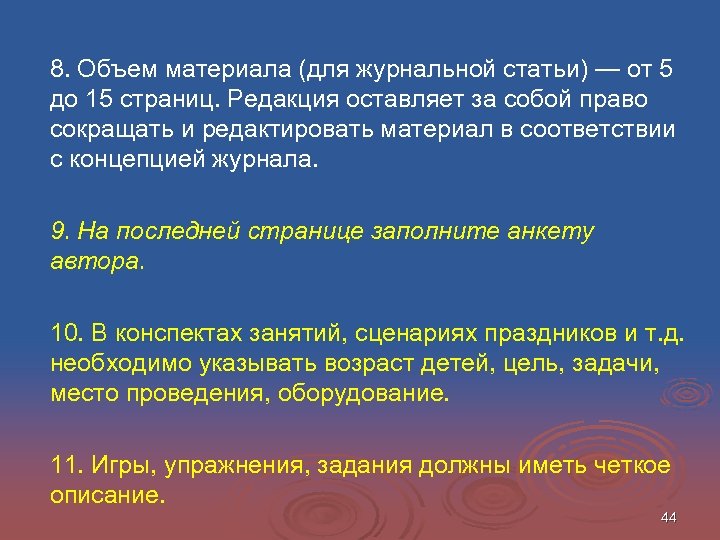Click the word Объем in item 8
[x=112, y=71]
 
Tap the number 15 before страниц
[x=103, y=101]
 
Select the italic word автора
[x=96, y=262]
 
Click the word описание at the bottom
[x=105, y=494]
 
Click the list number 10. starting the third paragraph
[x=66, y=333]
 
